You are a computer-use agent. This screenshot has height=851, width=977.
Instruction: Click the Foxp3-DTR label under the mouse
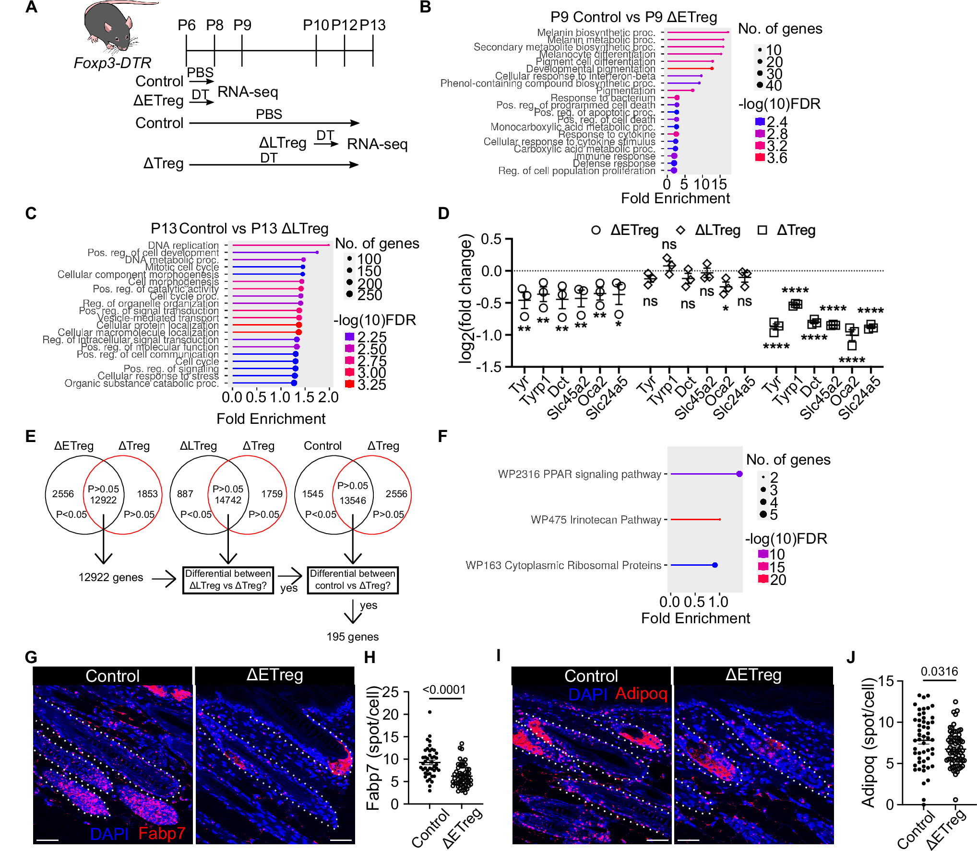112,63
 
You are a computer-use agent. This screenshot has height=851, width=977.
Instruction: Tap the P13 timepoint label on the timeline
372,25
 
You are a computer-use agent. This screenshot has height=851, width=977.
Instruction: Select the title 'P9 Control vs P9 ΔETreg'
633,17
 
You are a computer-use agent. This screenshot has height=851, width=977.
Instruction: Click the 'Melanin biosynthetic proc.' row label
596,33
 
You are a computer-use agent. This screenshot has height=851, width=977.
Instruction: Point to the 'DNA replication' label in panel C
183,245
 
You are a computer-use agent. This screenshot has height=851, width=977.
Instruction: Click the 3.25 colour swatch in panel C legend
349,384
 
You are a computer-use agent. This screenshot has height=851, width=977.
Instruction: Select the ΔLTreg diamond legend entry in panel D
710,230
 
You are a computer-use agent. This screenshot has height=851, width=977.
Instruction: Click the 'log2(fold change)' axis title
465,298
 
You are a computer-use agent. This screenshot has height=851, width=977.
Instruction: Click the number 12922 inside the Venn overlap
103,500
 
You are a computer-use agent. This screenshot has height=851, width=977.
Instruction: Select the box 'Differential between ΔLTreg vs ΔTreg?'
228,580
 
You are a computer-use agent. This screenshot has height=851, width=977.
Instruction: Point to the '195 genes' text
353,637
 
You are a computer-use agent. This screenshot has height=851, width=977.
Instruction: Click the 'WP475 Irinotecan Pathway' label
596,520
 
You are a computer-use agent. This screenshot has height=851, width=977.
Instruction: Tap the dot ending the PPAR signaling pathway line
739,474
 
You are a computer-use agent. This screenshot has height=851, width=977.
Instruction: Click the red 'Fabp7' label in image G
162,833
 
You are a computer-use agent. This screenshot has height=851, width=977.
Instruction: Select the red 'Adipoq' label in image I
642,693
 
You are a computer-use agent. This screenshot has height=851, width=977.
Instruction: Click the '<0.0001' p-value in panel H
444,689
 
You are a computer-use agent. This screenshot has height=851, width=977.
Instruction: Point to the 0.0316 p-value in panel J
939,671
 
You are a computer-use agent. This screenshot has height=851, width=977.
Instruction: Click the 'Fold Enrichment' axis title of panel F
695,618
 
